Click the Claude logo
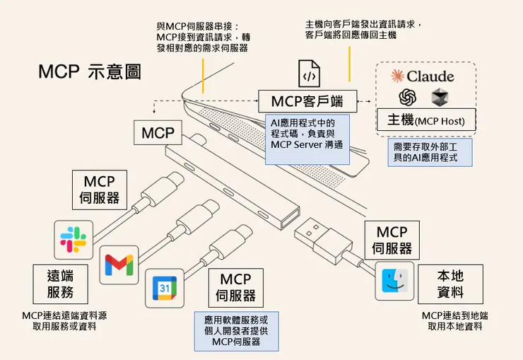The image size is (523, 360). click(422, 76)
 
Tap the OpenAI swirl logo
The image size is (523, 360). click(407, 96)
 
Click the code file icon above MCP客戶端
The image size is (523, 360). click(309, 74)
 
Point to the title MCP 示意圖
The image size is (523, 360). click(90, 71)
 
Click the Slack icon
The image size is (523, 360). click(74, 239)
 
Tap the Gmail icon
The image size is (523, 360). click(119, 265)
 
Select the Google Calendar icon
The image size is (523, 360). click(164, 288)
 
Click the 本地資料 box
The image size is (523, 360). click(450, 284)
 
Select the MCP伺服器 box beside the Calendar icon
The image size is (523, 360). click(235, 288)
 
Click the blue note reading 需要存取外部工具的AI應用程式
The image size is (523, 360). click(433, 152)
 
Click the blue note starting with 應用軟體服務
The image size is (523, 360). click(236, 330)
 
